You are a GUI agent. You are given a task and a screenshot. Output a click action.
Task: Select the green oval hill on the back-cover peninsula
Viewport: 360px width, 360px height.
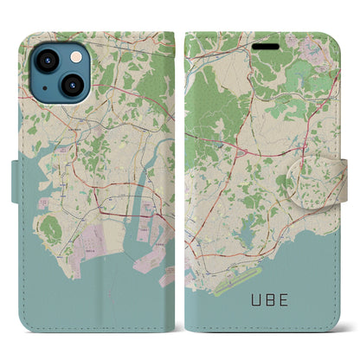tap(51, 229)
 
